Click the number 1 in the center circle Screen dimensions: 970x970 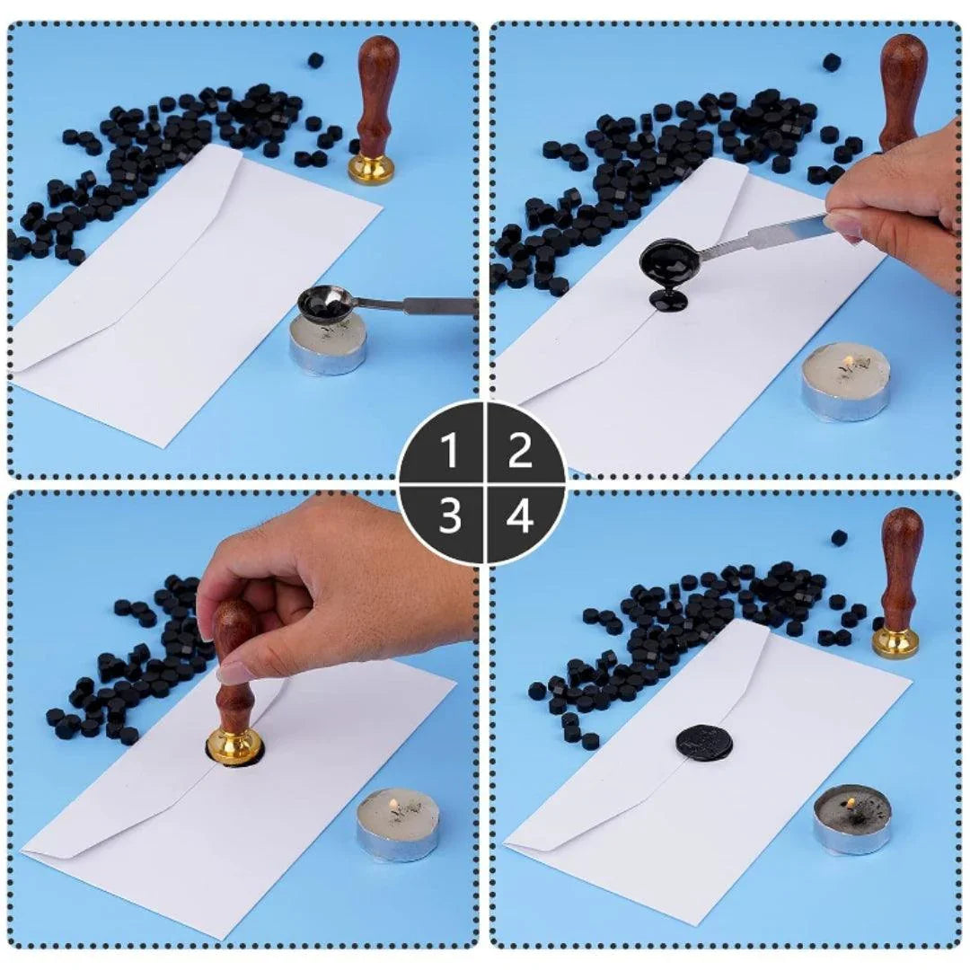(x=450, y=452)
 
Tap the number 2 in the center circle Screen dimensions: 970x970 (x=520, y=452)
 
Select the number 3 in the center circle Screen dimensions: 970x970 (x=450, y=516)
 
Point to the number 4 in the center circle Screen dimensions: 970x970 (x=520, y=516)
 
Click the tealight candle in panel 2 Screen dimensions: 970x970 (x=845, y=381)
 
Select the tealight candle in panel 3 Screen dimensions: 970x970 (x=398, y=824)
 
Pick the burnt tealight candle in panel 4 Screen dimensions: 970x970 (x=852, y=817)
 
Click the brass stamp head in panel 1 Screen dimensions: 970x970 (x=372, y=168)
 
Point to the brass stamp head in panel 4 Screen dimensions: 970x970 (x=895, y=641)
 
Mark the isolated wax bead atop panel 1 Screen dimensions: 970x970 (x=315, y=60)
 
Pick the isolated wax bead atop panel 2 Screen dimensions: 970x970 (x=832, y=62)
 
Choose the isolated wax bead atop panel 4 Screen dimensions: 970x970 (x=839, y=538)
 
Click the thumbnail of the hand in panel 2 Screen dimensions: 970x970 (x=842, y=225)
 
